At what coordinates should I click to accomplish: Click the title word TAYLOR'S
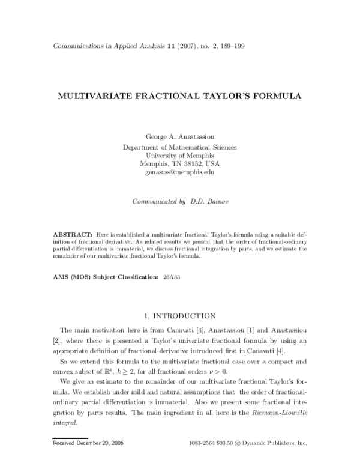tap(226, 95)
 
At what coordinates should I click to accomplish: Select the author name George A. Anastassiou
tap(179, 137)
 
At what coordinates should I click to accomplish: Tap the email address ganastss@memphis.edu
tap(179, 172)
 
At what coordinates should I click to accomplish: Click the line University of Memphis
tap(179, 154)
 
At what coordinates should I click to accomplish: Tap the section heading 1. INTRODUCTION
tap(179, 315)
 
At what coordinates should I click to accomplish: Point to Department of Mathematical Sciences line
tap(179, 146)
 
